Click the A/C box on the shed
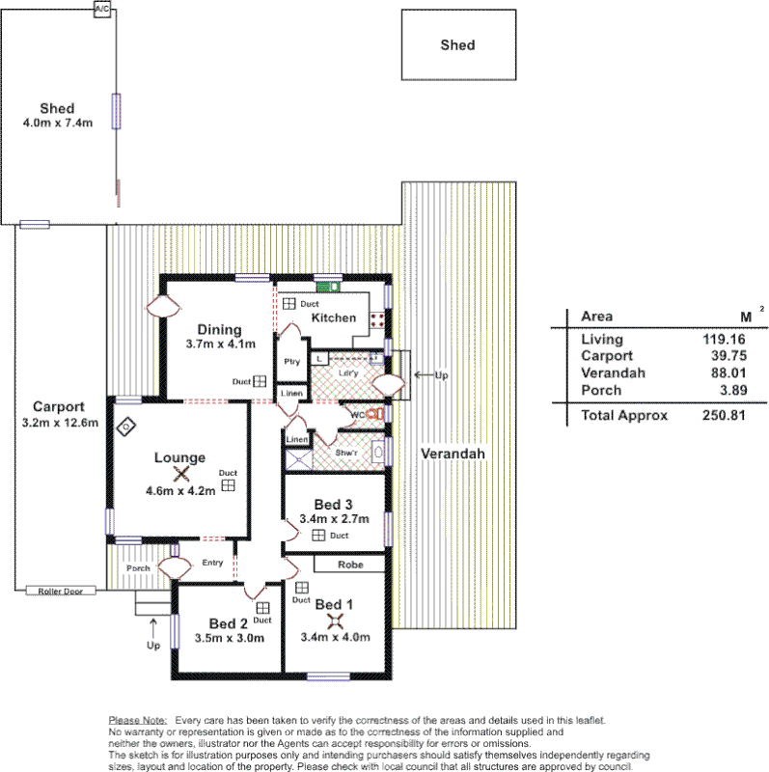101,9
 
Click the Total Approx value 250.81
723,416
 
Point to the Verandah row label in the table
607,373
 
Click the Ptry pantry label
291,362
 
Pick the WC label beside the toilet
356,416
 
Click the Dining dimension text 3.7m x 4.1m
220,345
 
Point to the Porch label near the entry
139,568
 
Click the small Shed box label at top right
457,44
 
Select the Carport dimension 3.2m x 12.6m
59,423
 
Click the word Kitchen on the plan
333,317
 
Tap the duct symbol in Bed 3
318,536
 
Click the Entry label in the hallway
212,563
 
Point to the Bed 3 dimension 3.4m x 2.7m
335,519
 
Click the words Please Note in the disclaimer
138,720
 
